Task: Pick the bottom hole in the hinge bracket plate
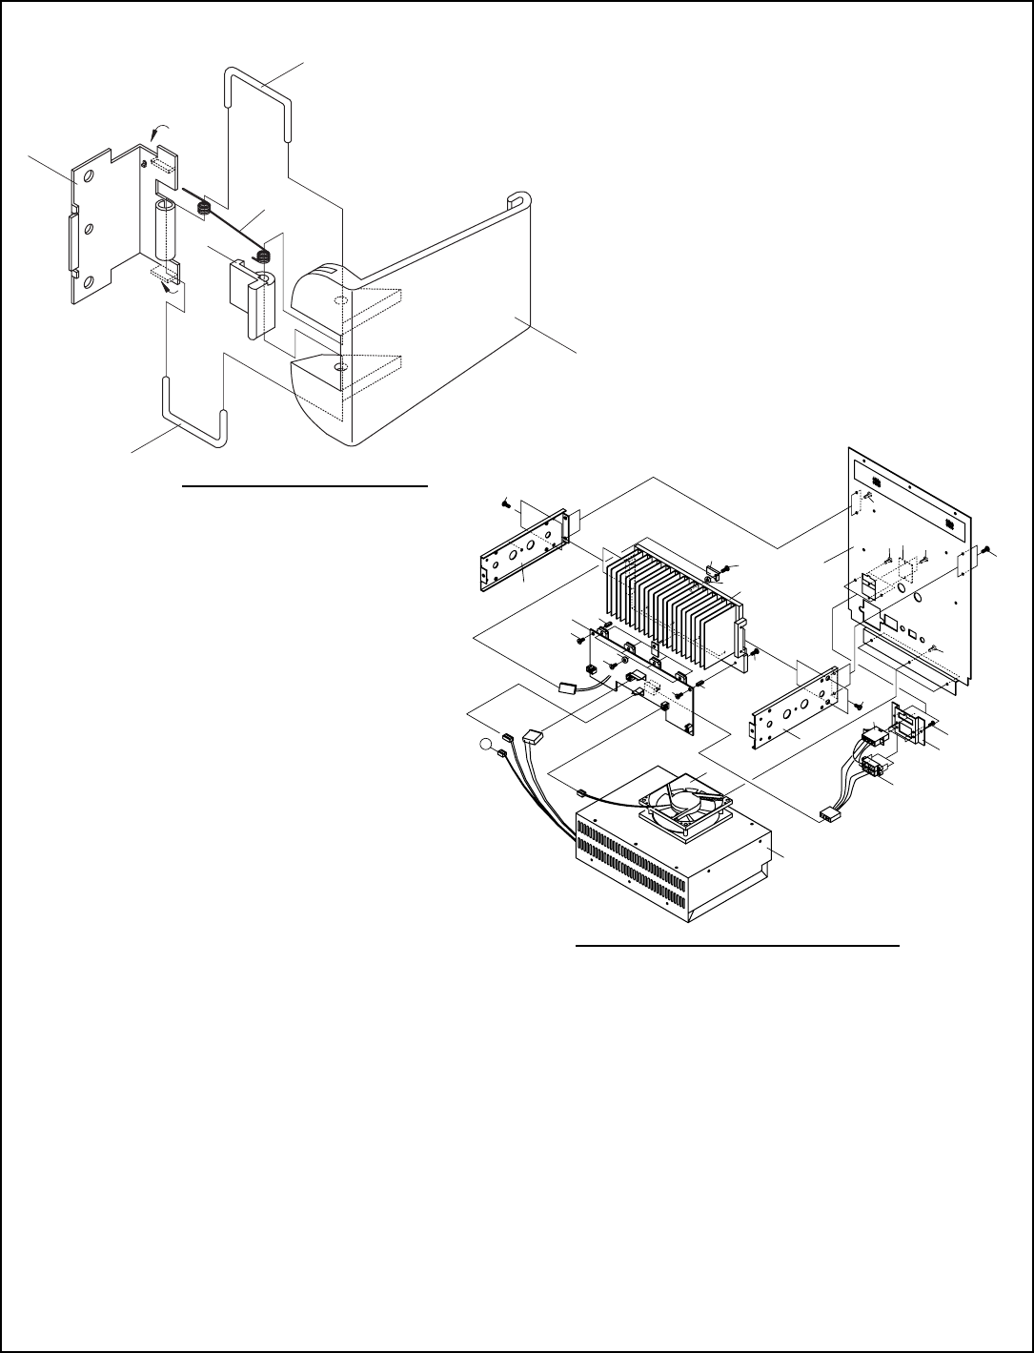pos(89,282)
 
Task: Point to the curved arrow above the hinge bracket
pos(159,130)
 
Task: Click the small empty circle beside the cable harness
pos(487,744)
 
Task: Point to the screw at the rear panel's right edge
pos(988,550)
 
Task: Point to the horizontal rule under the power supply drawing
pos(740,947)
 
